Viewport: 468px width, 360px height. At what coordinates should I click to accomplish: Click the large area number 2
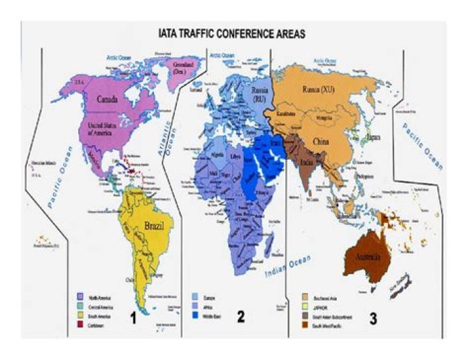pyautogui.click(x=240, y=317)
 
